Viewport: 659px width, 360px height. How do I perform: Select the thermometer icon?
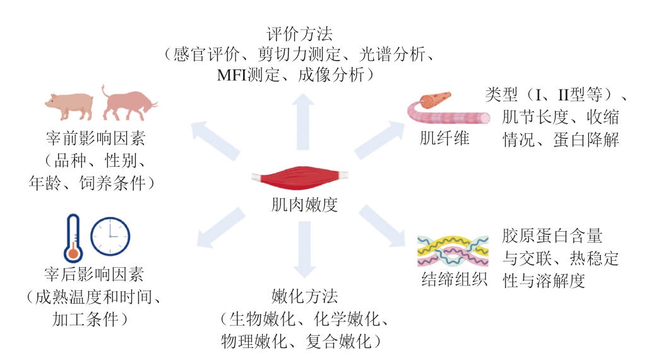pos(73,237)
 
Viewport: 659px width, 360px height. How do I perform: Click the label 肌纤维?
pos(444,138)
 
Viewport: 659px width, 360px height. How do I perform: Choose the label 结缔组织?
pos(454,280)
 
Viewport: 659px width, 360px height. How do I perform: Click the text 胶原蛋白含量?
pos(552,237)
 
